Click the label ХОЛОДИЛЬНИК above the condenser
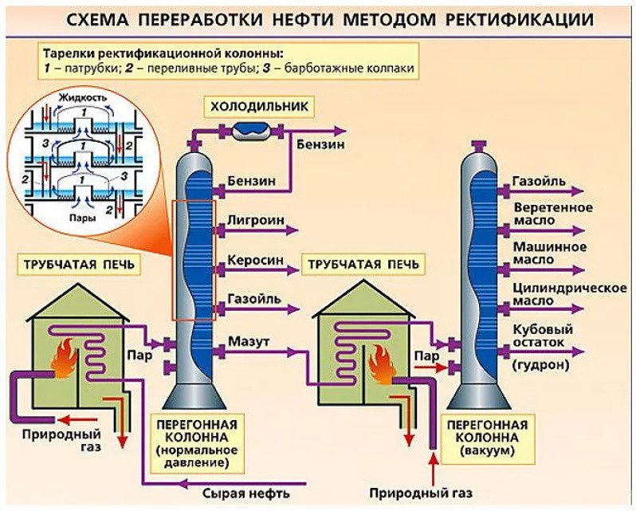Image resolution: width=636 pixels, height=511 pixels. click(257, 106)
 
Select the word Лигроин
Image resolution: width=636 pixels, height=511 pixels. click(253, 219)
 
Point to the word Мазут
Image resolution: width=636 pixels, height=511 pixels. click(249, 341)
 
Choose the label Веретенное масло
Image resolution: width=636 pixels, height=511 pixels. click(552, 214)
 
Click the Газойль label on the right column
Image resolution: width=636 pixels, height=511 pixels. click(540, 181)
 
